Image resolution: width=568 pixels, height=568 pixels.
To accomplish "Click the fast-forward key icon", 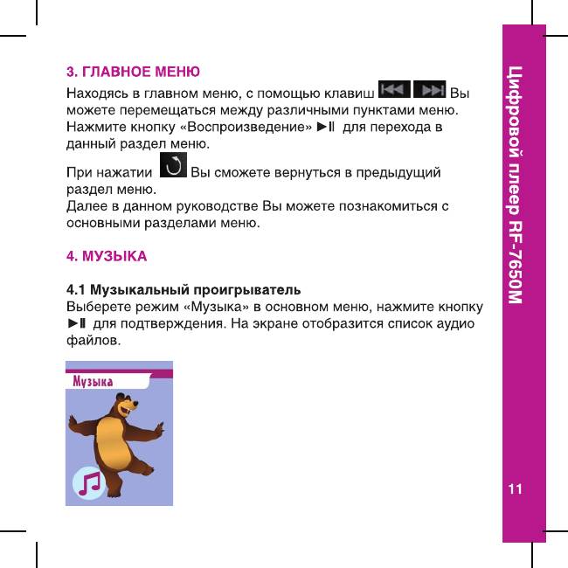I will point(429,90).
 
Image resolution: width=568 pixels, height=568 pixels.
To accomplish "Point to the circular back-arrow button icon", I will point(176,164).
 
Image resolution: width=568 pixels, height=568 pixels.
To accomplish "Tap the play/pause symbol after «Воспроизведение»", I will point(326,128).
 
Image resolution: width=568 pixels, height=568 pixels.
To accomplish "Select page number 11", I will point(516,488).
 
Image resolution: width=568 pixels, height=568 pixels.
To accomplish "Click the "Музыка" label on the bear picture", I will point(93,381).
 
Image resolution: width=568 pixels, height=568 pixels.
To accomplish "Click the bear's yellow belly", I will point(116,440).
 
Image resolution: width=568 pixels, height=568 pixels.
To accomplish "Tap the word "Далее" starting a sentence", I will point(87,206).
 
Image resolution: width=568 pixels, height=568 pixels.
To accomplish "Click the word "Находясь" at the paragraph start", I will point(99,92).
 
